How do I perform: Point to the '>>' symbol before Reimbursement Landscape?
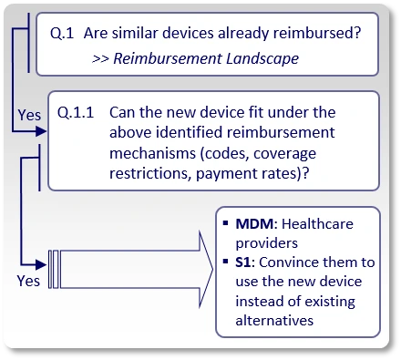[102, 57]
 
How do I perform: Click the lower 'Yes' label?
[28, 281]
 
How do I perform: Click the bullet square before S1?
[225, 262]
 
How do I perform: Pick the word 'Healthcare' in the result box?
[316, 223]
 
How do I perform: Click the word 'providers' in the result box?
[264, 242]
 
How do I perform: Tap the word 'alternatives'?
[274, 320]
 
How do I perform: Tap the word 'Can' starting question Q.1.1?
[121, 114]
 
